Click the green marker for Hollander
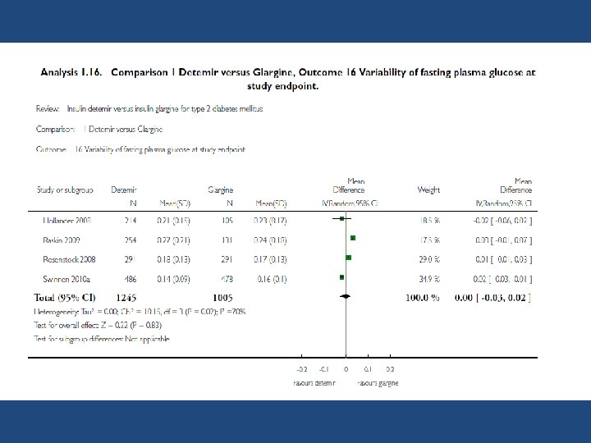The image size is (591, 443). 341,219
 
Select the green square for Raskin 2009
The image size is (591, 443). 353,238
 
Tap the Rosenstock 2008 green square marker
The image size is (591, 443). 349,258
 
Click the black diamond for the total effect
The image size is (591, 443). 346,295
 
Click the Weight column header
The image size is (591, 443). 428,190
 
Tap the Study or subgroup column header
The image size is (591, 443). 65,190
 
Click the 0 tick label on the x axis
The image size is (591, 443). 346,371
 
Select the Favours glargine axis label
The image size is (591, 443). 377,383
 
